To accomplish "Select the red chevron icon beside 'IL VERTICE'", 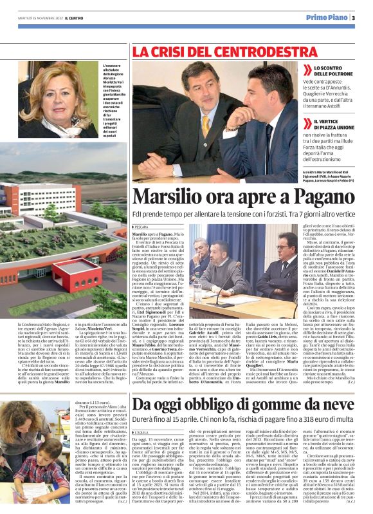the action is click(x=309, y=122).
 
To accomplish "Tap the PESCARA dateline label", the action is click(x=142, y=227).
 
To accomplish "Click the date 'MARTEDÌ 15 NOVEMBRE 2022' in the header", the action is click(x=37, y=18).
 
